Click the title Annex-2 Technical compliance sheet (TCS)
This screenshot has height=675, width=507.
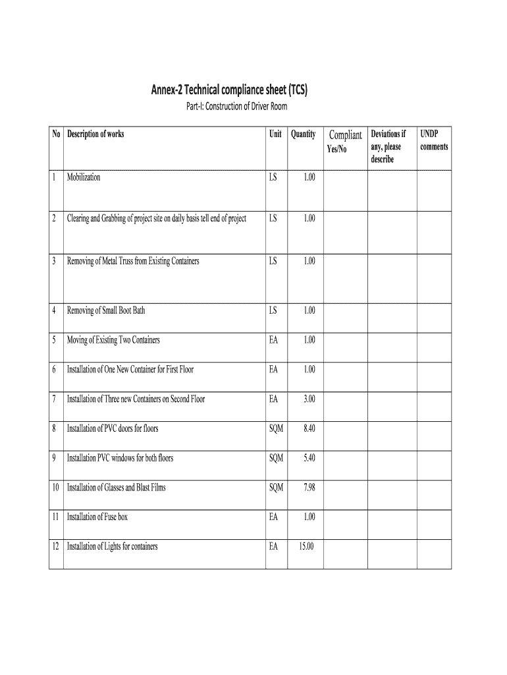coord(230,89)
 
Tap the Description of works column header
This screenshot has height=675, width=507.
coord(95,134)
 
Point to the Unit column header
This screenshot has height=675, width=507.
coord(275,134)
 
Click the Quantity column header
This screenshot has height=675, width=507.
coord(303,134)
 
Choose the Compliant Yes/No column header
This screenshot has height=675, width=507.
coord(345,141)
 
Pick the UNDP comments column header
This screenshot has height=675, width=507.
coord(434,140)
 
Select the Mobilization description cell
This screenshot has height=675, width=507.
coord(84,177)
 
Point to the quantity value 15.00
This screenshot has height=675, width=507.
coord(306,546)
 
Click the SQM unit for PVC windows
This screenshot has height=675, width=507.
coord(276,458)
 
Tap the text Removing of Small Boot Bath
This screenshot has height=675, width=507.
coord(106,310)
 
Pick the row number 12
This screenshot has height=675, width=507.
coord(56,546)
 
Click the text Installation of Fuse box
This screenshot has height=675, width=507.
coord(97,517)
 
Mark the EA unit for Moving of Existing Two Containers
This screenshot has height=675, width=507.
coord(273,340)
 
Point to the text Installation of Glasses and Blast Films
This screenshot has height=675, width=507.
coord(117,488)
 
